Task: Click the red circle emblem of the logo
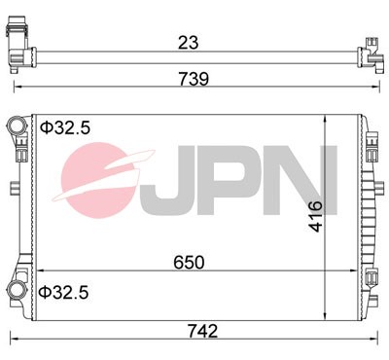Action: tap(104, 181)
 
